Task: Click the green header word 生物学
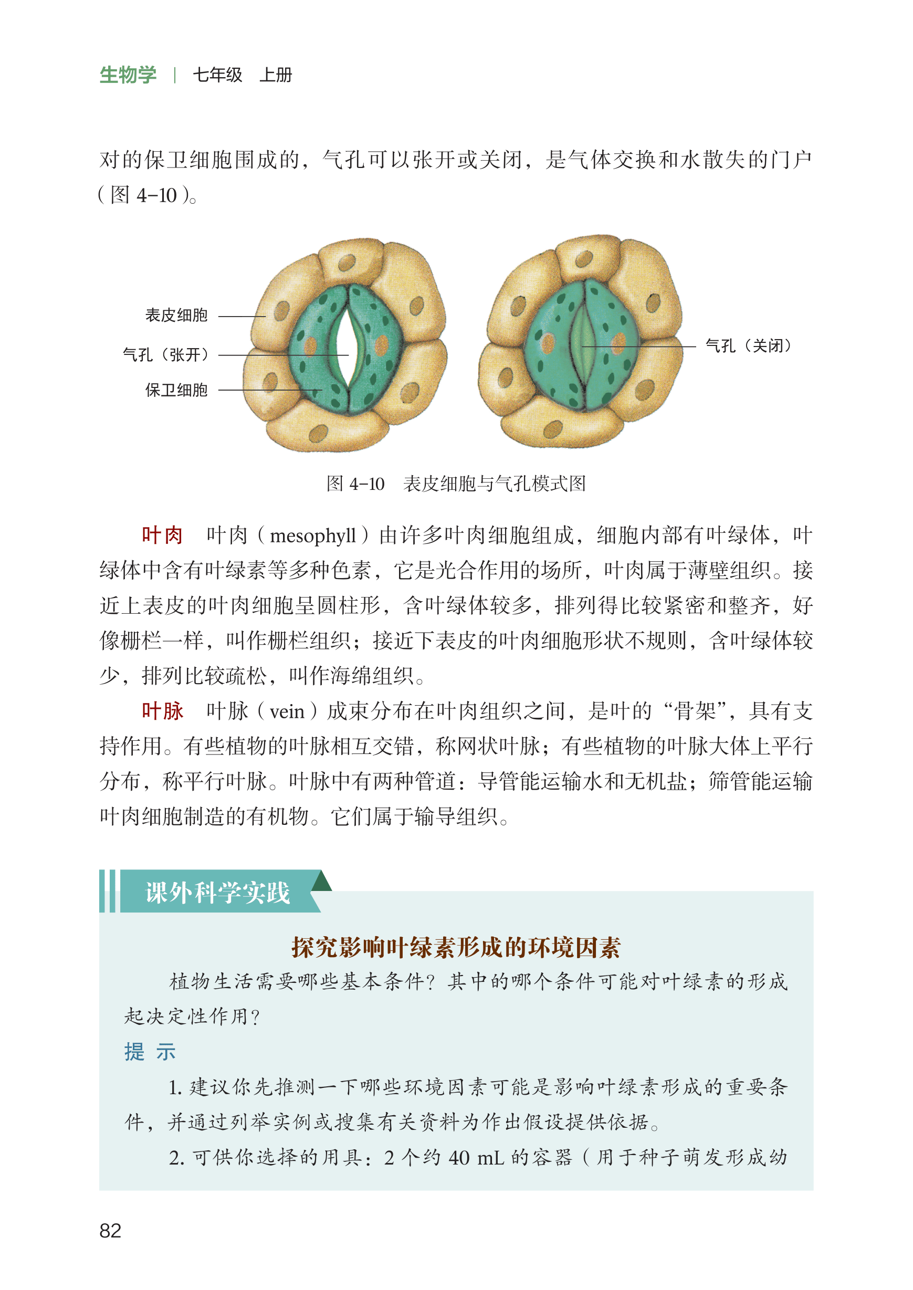pyautogui.click(x=128, y=75)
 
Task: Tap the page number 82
pyautogui.click(x=110, y=1231)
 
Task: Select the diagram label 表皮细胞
pyautogui.click(x=176, y=316)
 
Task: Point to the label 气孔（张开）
pyautogui.click(x=166, y=355)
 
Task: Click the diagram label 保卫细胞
pyautogui.click(x=176, y=390)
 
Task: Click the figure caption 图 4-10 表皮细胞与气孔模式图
pyautogui.click(x=456, y=484)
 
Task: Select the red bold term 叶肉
pyautogui.click(x=162, y=535)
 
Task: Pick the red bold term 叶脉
pyautogui.click(x=162, y=711)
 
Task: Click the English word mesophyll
pyautogui.click(x=312, y=536)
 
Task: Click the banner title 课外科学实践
pyautogui.click(x=217, y=893)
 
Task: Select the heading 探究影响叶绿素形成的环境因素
pyautogui.click(x=456, y=948)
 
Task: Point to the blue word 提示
pyautogui.click(x=150, y=1052)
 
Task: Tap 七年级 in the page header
pyautogui.click(x=217, y=75)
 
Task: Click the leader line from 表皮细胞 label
pyautogui.click(x=242, y=317)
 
